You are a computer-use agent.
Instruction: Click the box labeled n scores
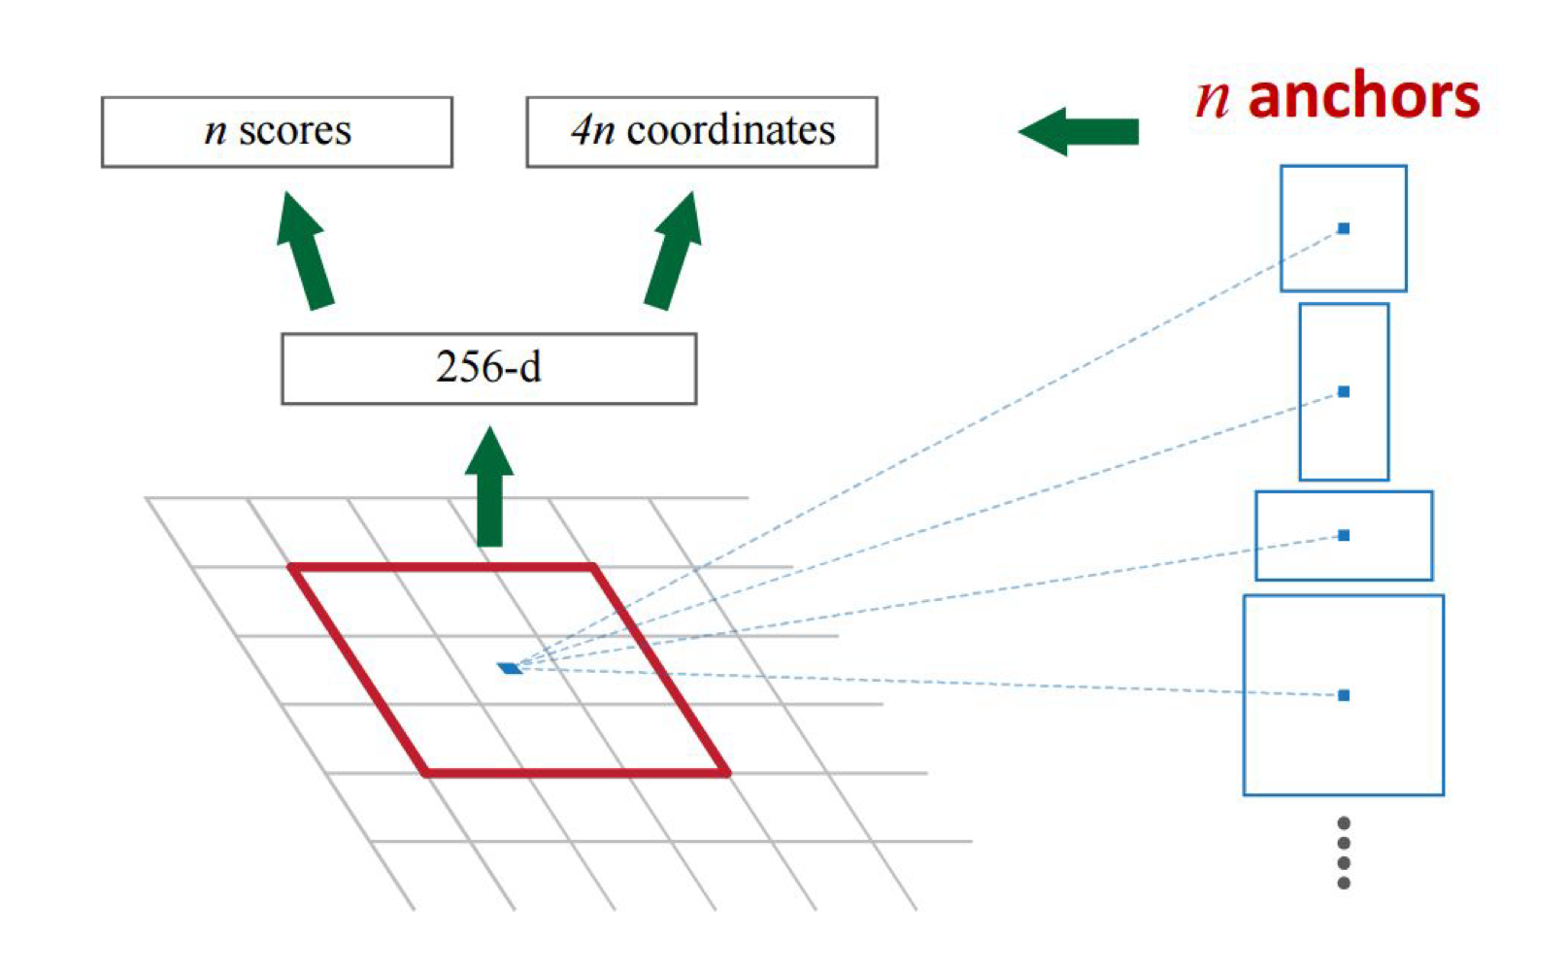click(277, 132)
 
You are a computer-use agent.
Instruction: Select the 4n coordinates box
click(701, 132)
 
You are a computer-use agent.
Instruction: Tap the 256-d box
click(488, 369)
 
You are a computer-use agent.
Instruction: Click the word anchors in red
click(1363, 97)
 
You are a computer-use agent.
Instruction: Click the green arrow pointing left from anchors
click(1078, 131)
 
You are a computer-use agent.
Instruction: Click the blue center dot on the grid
click(510, 668)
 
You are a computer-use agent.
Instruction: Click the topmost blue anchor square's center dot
click(1344, 228)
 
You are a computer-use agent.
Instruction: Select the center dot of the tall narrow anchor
click(1344, 391)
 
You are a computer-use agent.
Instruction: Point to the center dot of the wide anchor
click(1344, 535)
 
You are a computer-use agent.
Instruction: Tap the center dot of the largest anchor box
click(1344, 695)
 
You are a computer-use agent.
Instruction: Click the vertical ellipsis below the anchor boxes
click(1344, 853)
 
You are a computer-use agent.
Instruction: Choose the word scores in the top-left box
click(295, 131)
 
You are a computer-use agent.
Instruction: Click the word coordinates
click(731, 131)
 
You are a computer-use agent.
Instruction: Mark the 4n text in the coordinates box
click(592, 131)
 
